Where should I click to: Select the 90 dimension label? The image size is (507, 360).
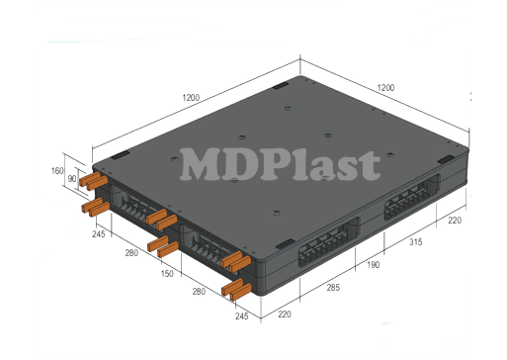72,178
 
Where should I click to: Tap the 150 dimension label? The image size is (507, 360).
167,273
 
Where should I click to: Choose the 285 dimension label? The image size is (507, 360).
334,287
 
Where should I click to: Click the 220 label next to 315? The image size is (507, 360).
454,221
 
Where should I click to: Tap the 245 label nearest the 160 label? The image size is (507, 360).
99,234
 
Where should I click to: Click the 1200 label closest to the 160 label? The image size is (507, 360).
191,97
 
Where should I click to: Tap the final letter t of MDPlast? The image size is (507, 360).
369,166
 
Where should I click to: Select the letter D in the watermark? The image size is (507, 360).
243,165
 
